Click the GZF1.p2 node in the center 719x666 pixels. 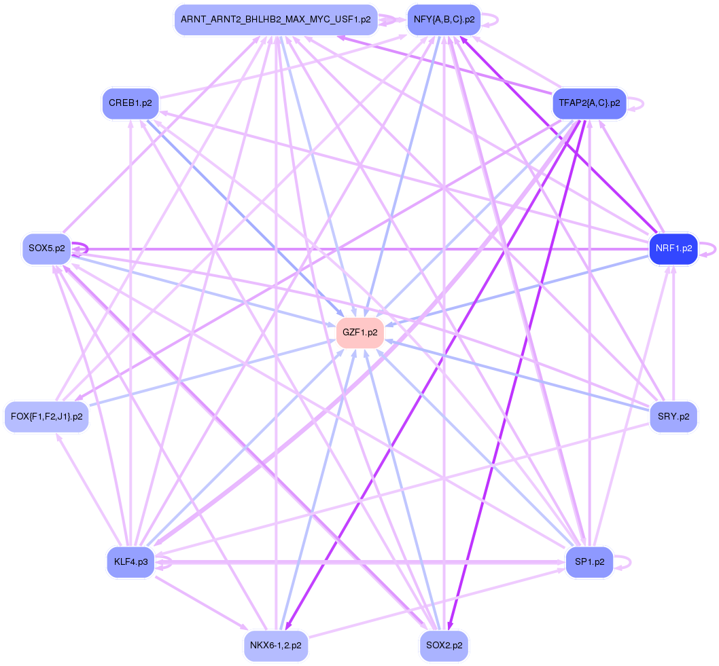(360, 333)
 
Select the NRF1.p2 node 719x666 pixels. (673, 248)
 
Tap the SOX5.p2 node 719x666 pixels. (46, 248)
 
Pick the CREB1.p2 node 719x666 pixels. (130, 104)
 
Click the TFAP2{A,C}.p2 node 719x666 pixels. (589, 103)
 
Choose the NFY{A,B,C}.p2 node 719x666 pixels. (444, 20)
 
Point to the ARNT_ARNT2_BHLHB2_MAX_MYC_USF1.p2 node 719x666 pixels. (275, 20)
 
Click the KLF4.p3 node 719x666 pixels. (130, 562)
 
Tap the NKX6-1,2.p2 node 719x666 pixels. (276, 646)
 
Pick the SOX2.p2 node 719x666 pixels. (444, 646)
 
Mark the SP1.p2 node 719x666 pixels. (589, 562)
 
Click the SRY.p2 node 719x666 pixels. (673, 416)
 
